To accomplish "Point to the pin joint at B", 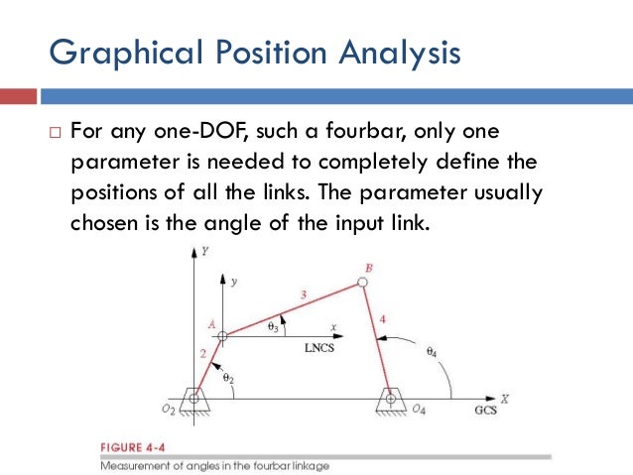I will [363, 283].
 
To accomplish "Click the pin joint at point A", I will [223, 335].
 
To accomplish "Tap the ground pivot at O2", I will [194, 399].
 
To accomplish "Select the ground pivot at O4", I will [392, 399].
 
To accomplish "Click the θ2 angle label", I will [227, 377].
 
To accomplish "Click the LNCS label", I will [320, 348].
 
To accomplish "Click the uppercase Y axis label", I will [204, 252].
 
